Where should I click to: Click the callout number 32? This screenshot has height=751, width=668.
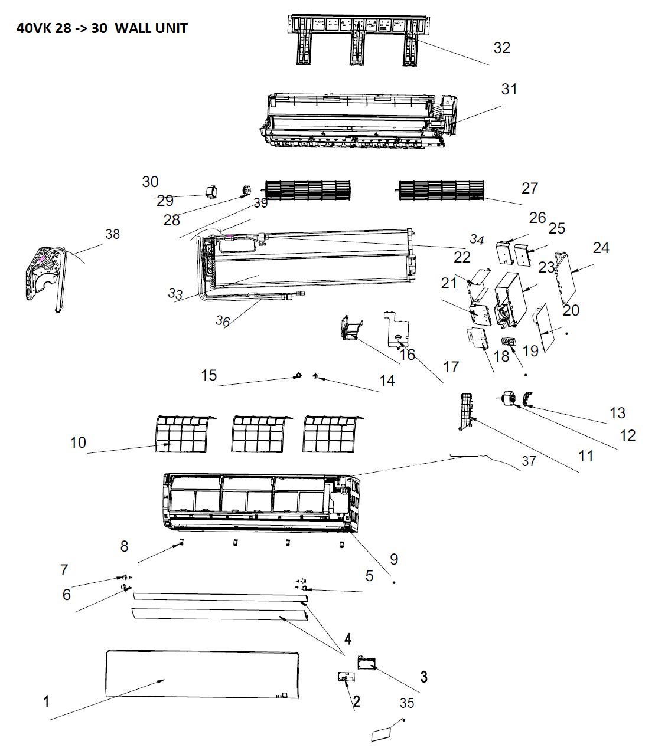pos(502,48)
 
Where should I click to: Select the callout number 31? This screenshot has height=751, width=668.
pos(509,89)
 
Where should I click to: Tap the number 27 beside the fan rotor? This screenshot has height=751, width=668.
pos(530,188)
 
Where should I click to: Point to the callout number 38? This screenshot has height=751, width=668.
pos(112,234)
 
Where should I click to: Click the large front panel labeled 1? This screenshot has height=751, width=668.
pos(202,674)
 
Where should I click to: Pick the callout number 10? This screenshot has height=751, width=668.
pos(78,442)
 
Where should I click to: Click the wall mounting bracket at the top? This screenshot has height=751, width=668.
pos(359,40)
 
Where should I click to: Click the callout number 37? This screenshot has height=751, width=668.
pos(529,461)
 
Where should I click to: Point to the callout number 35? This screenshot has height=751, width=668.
pos(407,703)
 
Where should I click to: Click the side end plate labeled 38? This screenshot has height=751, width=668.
pos(44,279)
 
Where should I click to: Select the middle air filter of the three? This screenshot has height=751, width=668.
pos(261,434)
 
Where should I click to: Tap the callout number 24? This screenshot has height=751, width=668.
pos(601,248)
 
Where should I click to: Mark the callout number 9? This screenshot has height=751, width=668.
pos(394,559)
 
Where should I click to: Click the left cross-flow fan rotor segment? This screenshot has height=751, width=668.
pos(307,190)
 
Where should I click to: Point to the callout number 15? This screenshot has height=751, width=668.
pos(208,375)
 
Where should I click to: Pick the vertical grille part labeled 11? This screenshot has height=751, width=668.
pos(467,411)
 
